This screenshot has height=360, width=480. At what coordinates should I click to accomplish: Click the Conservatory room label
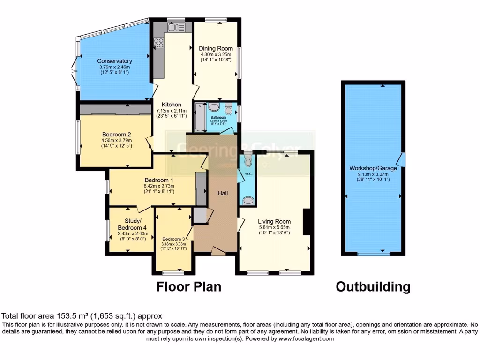click(114, 61)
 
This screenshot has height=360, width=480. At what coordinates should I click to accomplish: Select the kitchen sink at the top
click(177, 28)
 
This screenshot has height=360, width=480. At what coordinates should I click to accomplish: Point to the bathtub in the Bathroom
click(198, 116)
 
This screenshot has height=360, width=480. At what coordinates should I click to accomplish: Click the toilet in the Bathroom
click(229, 109)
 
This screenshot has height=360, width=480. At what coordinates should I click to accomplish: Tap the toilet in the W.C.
click(248, 161)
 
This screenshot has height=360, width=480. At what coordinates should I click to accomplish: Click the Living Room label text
click(274, 221)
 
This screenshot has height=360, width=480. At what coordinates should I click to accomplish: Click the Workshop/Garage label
click(373, 168)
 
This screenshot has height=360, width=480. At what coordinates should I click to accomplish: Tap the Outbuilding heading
click(373, 286)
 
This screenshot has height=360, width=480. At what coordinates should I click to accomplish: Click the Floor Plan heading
click(188, 286)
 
